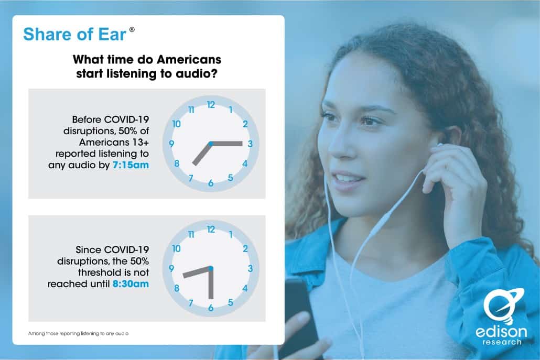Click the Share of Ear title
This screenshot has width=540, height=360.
pyautogui.click(x=75, y=35)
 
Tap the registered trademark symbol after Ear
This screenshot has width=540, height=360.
pyautogui.click(x=132, y=29)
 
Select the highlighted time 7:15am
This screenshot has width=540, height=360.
pyautogui.click(x=131, y=165)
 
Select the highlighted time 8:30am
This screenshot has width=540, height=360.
pyautogui.click(x=131, y=284)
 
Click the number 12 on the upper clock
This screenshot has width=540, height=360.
pyautogui.click(x=211, y=105)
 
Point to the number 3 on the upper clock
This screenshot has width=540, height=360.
pyautogui.click(x=251, y=144)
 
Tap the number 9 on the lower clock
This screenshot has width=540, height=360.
pyautogui.click(x=171, y=268)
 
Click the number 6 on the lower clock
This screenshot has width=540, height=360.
pyautogui.click(x=211, y=308)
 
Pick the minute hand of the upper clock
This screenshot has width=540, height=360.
pyautogui.click(x=226, y=144)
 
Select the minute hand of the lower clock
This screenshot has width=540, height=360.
pyautogui.click(x=211, y=283)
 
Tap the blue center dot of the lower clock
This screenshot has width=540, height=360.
pyautogui.click(x=211, y=268)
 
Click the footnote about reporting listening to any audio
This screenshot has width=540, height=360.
pyautogui.click(x=78, y=333)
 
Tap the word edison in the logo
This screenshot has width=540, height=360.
pyautogui.click(x=501, y=332)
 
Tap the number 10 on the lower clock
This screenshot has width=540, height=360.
pyautogui.click(x=176, y=248)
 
